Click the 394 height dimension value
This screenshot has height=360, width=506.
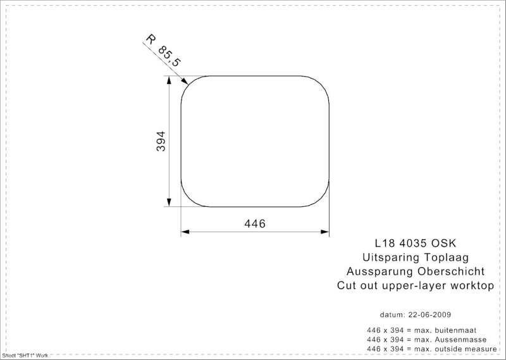(161, 141)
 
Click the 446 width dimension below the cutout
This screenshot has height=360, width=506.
(255, 223)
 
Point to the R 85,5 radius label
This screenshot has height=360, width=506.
(163, 51)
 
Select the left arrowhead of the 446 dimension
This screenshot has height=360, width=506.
(185, 232)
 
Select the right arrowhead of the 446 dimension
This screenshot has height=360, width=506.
(324, 232)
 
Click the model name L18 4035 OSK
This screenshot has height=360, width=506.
(416, 243)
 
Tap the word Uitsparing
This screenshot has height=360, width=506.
(391, 258)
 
